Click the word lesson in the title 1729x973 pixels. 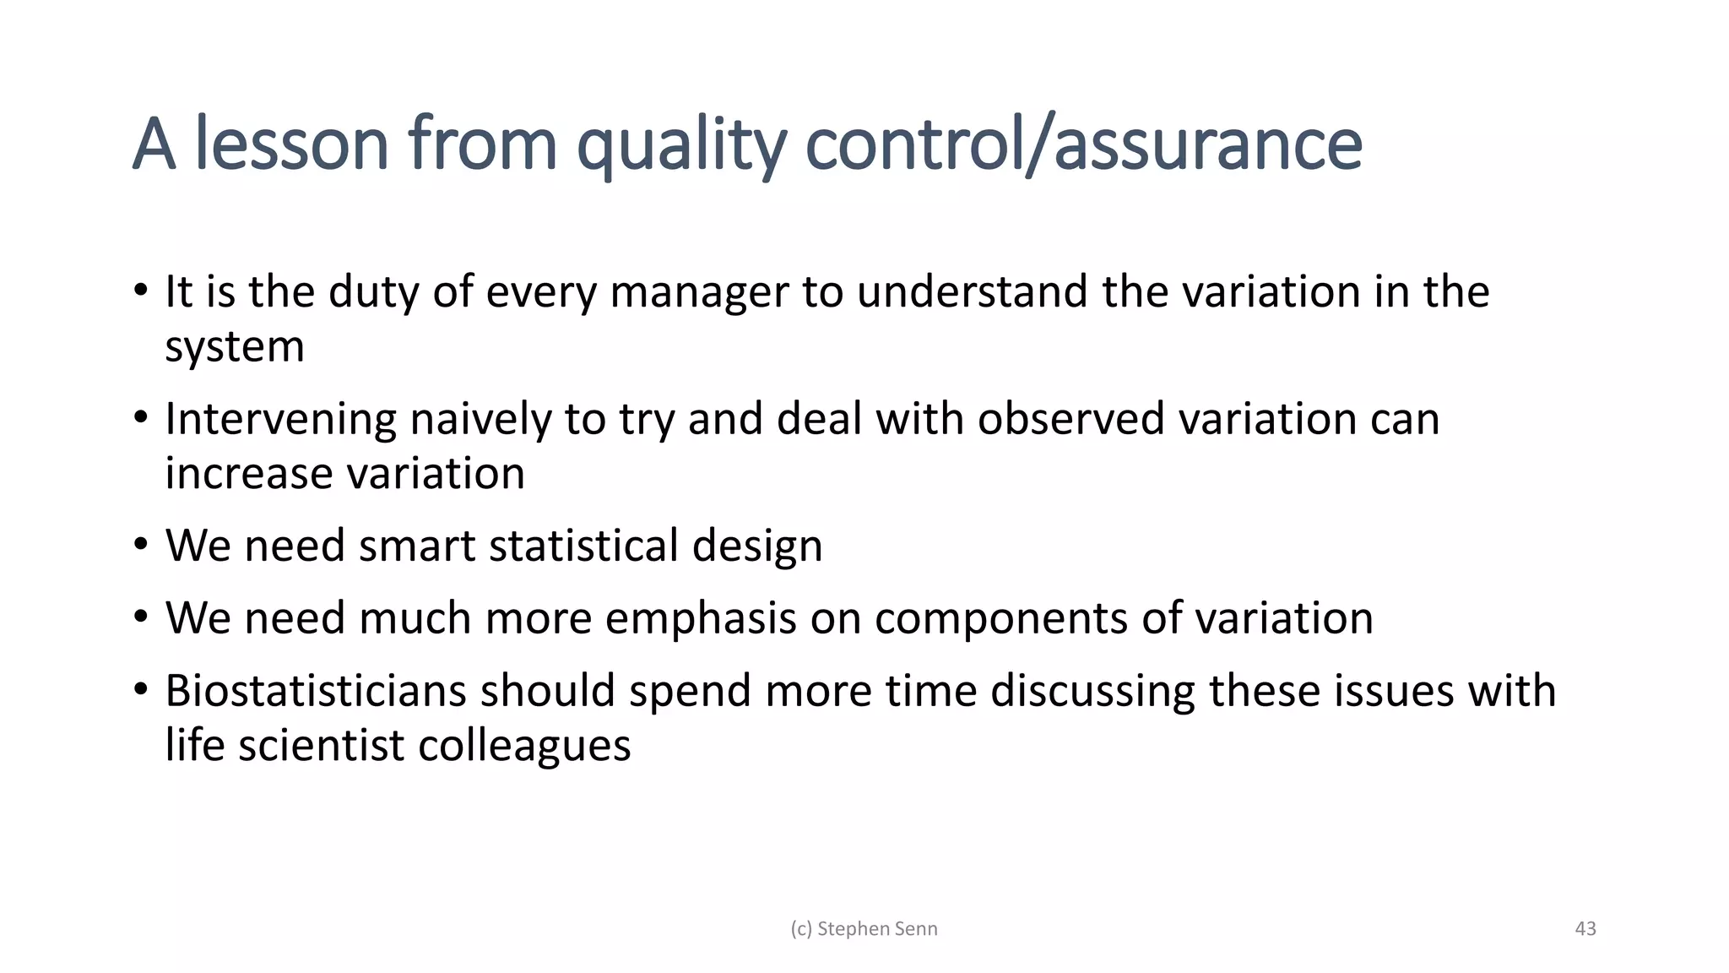(x=291, y=144)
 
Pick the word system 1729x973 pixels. (x=234, y=347)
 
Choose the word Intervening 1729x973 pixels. (x=280, y=419)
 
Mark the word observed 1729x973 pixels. (x=1071, y=419)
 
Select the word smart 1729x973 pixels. (x=417, y=546)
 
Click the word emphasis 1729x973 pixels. (x=701, y=618)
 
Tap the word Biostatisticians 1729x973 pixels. (x=316, y=691)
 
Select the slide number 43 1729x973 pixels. (x=1585, y=929)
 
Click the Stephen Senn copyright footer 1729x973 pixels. (x=864, y=929)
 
